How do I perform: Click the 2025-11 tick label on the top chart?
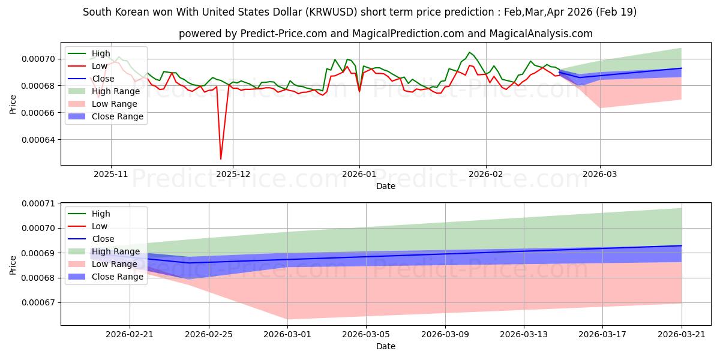(111, 174)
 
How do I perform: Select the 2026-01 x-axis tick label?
(359, 174)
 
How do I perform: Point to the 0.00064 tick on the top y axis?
(38, 140)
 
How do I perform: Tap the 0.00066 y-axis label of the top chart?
(38, 113)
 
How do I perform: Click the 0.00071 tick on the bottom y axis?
(38, 203)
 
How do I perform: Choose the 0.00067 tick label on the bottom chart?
(38, 303)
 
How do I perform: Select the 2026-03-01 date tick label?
(287, 335)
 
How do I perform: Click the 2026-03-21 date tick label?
(682, 335)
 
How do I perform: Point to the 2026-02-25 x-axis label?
(209, 335)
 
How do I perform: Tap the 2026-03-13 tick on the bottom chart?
(524, 335)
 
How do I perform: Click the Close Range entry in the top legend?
(106, 116)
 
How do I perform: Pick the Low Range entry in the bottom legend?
(103, 264)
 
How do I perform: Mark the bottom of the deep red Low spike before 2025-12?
(221, 159)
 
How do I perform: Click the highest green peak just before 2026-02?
(470, 52)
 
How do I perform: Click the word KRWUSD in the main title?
(331, 12)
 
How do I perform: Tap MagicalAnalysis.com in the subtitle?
(541, 34)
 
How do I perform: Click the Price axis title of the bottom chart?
(13, 265)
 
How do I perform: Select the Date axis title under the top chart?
(386, 186)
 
